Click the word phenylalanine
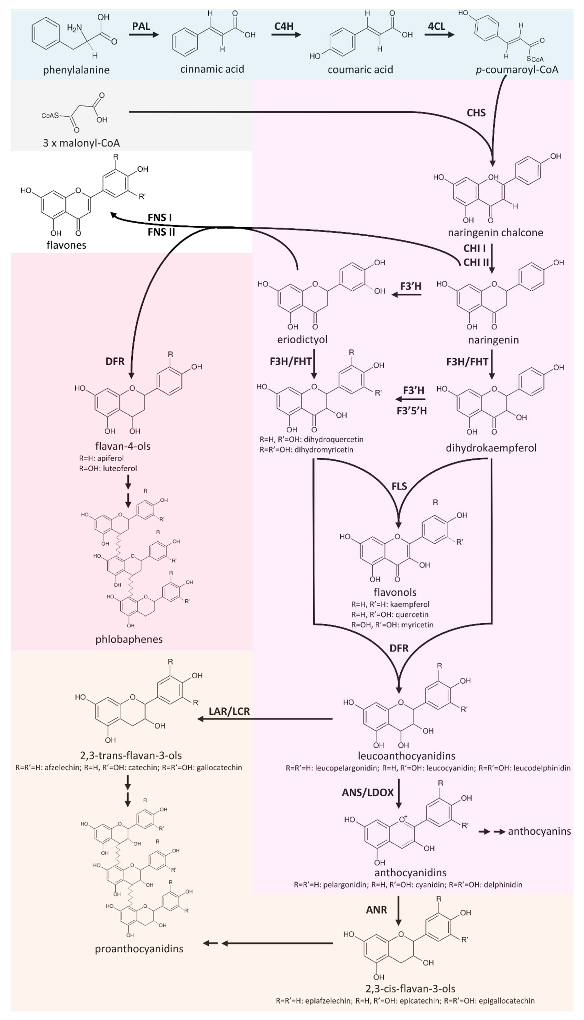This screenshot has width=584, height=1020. pos(76,70)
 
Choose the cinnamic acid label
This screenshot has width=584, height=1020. pos(212,69)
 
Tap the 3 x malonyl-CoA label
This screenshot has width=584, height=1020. pos(81,143)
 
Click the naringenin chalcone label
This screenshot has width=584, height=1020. pos(495,232)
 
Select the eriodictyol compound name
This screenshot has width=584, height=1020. pos(302,339)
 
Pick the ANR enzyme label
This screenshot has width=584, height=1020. pos(376,910)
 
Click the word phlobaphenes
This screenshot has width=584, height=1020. pos(129,639)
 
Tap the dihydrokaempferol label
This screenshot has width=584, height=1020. pos(491,448)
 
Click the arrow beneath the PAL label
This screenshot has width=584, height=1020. pos(144,35)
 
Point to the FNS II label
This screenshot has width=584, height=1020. pos(161,232)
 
